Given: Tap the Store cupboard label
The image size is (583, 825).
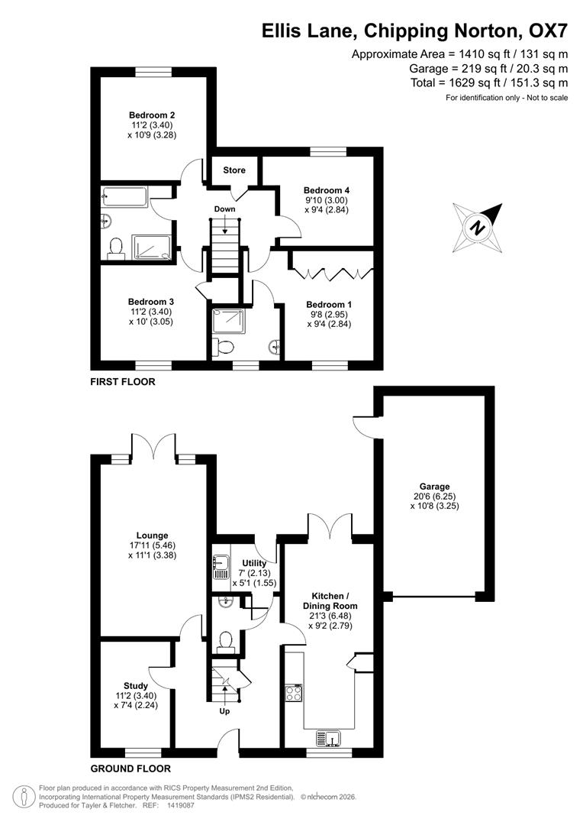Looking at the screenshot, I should [234, 170].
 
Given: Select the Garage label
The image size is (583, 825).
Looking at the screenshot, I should [434, 486].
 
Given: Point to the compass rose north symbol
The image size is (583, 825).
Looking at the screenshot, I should [478, 226].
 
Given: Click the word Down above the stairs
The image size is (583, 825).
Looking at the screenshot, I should [225, 209].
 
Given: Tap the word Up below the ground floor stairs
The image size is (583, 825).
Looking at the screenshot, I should [224, 711].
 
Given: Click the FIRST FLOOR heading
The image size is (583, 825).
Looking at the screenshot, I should [123, 381].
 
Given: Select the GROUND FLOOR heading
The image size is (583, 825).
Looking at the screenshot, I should [130, 768].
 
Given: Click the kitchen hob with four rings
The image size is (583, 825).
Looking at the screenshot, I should [294, 693].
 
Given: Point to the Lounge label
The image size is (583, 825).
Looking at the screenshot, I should [153, 535].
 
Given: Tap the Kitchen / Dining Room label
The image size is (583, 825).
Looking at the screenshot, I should [334, 600].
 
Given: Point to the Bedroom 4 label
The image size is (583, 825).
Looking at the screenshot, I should [326, 189].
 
